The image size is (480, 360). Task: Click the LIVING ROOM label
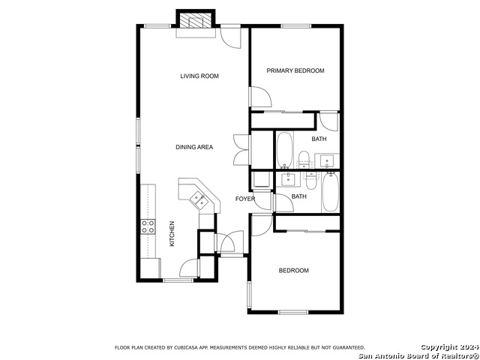point(199,76)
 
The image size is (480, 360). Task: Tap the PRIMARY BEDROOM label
point(295,70)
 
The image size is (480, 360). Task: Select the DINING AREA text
point(194,147)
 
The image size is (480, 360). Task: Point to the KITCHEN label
point(172,234)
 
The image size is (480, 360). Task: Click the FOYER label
point(245,199)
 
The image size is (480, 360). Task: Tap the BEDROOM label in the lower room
point(293,271)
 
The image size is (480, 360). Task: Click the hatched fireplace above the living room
point(196,20)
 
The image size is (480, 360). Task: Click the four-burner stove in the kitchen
point(148,226)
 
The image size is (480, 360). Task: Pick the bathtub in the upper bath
point(285,150)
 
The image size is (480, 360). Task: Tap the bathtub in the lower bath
point(330,192)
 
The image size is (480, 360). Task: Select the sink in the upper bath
point(327,160)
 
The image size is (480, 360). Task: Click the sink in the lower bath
point(288,179)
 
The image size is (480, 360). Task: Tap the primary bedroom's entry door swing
point(261,97)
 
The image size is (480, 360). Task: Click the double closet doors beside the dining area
point(241,150)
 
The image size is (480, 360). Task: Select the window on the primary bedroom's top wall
point(295,26)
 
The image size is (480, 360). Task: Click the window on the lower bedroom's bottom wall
point(293,312)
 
